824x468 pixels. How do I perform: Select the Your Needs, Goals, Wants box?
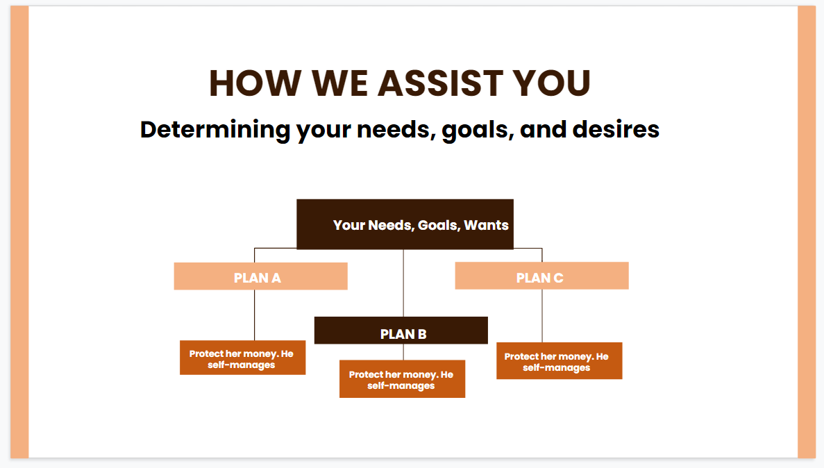[x=405, y=224]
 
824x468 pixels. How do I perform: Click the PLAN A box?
[x=260, y=276]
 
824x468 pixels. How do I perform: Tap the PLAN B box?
[x=401, y=331]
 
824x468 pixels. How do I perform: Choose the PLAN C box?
[x=541, y=276]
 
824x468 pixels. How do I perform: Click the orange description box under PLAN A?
[x=242, y=358]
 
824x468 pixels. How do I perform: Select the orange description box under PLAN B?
[x=402, y=379]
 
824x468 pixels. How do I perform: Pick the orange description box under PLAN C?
[x=559, y=361]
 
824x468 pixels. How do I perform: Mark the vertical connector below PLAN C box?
[x=542, y=315]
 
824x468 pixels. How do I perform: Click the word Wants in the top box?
[x=486, y=225]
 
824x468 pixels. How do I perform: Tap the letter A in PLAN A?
[x=276, y=278]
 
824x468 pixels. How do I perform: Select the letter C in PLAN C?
[x=558, y=278]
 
